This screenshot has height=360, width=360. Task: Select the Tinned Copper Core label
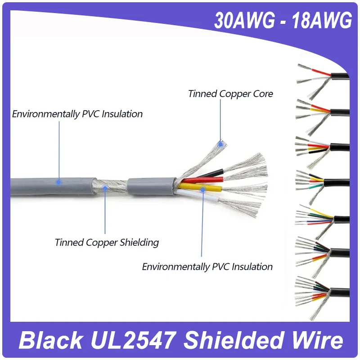click(x=230, y=94)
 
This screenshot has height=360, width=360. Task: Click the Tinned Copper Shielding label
click(x=107, y=243)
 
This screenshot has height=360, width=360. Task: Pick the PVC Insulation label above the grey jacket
click(x=77, y=114)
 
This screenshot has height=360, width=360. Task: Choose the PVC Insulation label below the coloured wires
click(x=207, y=266)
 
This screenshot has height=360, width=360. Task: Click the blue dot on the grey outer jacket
click(x=58, y=182)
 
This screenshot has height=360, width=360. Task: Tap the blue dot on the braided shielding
click(x=105, y=189)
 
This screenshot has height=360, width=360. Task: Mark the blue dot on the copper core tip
click(x=220, y=144)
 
